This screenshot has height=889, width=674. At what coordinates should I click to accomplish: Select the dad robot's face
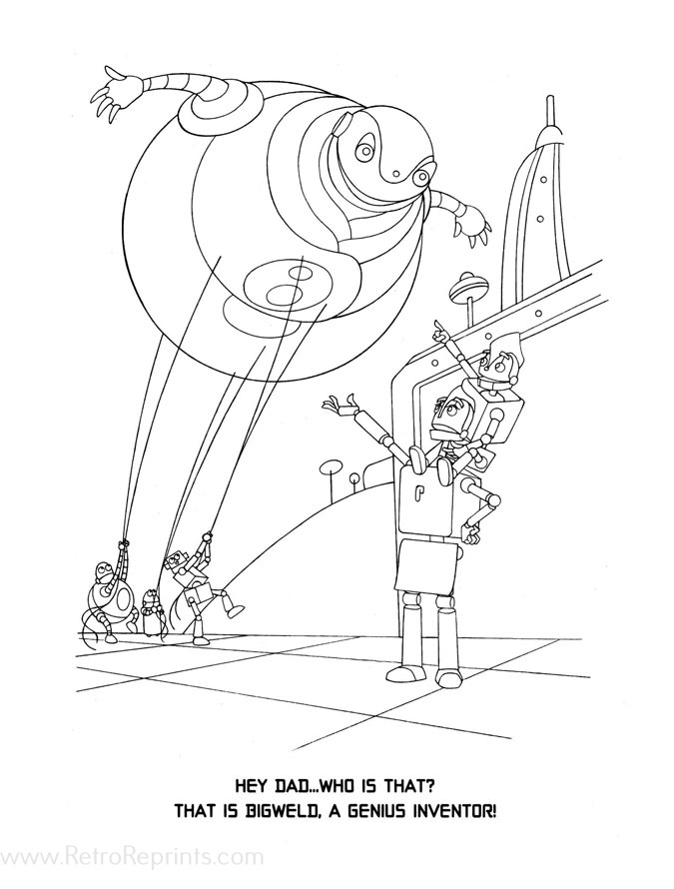point(451,412)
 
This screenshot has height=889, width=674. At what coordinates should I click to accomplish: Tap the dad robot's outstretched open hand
point(337,406)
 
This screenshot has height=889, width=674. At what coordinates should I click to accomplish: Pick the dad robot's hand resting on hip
point(488,496)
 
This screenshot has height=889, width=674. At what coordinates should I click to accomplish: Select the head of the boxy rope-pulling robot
point(179,563)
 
